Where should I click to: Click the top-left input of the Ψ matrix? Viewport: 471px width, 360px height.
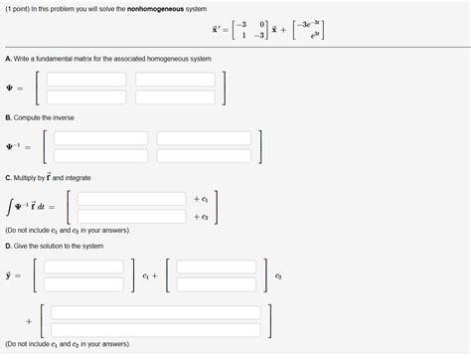click(x=86, y=79)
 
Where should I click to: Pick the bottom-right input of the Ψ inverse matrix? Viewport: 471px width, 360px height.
click(x=204, y=156)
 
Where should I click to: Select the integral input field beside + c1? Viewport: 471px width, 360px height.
click(x=131, y=199)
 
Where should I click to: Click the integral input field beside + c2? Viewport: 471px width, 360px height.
click(x=131, y=216)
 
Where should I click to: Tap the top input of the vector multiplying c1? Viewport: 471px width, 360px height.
click(x=84, y=267)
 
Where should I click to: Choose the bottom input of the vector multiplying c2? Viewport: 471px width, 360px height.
click(x=221, y=283)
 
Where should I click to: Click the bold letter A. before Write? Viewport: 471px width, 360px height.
click(x=8, y=59)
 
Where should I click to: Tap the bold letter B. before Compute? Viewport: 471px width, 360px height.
click(x=8, y=117)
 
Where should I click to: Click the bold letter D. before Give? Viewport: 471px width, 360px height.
click(x=8, y=246)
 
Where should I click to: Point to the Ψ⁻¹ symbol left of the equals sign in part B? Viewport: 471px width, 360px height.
click(x=14, y=148)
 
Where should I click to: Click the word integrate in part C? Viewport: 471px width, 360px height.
click(x=78, y=177)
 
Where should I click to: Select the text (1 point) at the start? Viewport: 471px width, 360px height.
click(x=17, y=10)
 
